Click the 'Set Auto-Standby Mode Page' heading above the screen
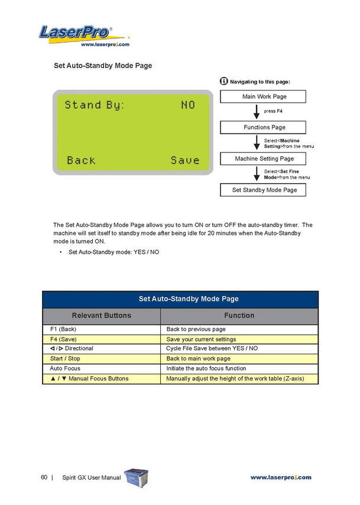click(103, 66)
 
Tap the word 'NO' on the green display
click(188, 105)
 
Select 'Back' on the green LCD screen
click(81, 160)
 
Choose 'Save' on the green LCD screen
click(185, 160)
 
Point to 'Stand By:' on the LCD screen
click(95, 105)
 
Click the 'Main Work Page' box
click(263, 96)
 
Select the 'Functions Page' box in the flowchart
click(263, 127)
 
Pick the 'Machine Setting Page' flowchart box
click(263, 158)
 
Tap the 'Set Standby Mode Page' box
click(263, 190)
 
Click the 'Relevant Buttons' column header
click(102, 316)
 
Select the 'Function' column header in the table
click(239, 316)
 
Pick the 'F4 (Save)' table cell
click(102, 339)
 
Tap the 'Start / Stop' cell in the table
click(102, 359)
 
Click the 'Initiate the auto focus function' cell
click(239, 368)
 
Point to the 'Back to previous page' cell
click(239, 329)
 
